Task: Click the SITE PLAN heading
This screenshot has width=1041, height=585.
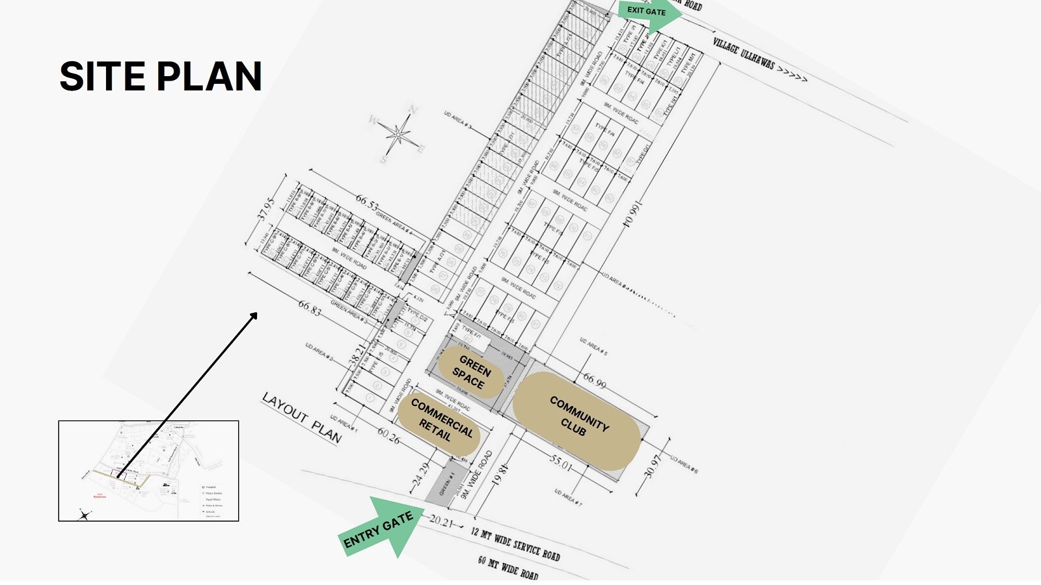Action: [x=161, y=76]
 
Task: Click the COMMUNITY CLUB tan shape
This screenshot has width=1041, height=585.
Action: [x=576, y=419]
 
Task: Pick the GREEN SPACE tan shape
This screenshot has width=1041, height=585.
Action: [x=471, y=372]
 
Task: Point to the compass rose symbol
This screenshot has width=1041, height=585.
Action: [x=398, y=135]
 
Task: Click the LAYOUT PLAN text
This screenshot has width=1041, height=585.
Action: [x=302, y=417]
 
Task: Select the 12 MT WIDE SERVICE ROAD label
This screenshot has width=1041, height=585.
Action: [x=515, y=544]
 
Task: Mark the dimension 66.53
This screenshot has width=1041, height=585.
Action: [x=366, y=203]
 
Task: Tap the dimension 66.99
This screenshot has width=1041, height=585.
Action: [x=594, y=381]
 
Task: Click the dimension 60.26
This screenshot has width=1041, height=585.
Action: [x=388, y=436]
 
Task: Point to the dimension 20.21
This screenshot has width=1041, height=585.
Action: [x=441, y=521]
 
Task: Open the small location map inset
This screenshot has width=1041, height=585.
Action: [x=148, y=470]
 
